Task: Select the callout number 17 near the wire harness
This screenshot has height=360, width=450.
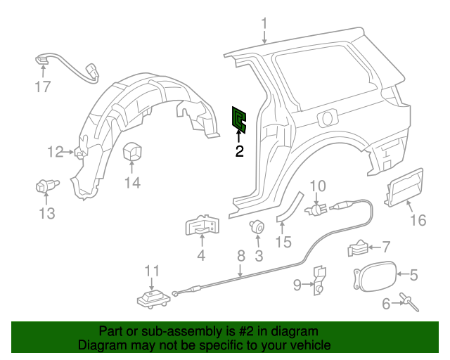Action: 44,87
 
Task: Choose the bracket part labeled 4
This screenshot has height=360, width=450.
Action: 202,226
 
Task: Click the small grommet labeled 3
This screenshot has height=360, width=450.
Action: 257,226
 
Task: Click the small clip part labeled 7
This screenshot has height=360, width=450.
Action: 358,248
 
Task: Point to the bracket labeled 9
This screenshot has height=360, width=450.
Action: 318,277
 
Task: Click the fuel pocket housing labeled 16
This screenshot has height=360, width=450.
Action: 404,189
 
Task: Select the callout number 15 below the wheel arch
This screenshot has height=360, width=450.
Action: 283,242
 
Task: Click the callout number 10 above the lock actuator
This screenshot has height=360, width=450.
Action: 318,186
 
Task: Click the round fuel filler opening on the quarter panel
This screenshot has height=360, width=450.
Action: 328,116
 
